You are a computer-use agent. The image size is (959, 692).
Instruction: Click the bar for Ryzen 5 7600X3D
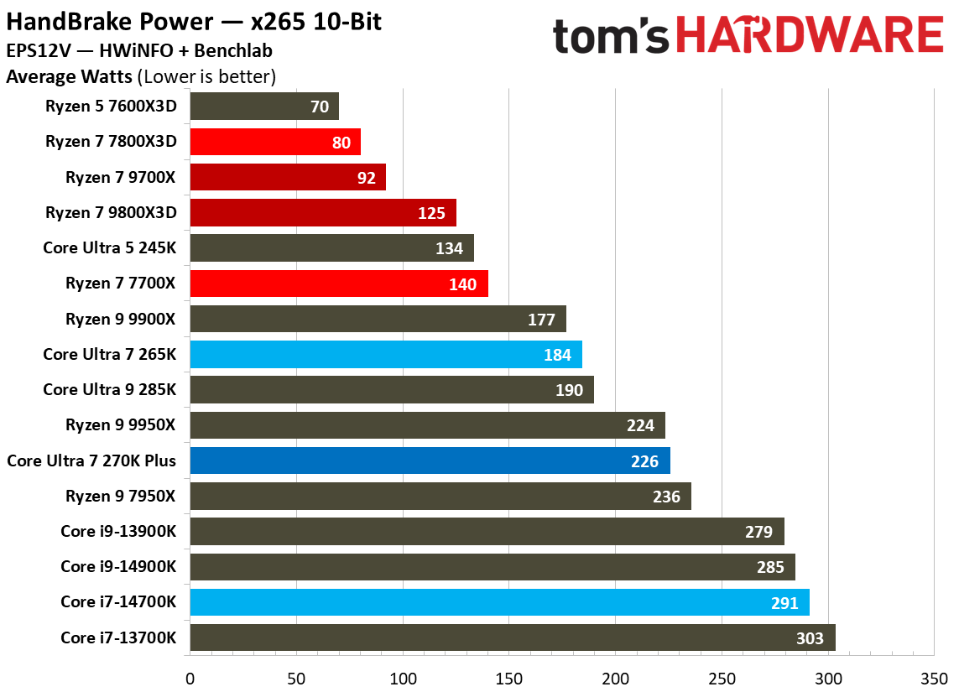point(264,107)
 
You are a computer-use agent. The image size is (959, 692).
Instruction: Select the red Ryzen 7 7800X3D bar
point(275,142)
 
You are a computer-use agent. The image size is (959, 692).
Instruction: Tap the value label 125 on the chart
point(431,213)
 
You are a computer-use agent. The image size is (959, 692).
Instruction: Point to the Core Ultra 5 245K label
point(110,248)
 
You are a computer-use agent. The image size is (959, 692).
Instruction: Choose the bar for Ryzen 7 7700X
point(339,284)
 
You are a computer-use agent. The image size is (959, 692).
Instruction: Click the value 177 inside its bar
point(542,320)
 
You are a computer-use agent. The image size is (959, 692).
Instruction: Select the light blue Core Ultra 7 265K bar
point(386,355)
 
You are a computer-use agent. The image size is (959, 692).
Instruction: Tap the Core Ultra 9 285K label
point(110,390)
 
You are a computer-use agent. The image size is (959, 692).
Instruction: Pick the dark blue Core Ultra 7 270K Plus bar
point(430,460)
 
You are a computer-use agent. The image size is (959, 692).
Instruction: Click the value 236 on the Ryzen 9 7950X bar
point(666,497)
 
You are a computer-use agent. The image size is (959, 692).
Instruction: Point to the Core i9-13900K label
point(118,532)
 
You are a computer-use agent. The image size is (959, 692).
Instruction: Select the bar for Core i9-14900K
point(493,567)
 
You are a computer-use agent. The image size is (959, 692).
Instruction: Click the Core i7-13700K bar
point(513,638)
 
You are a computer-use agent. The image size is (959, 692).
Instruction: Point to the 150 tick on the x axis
point(509,677)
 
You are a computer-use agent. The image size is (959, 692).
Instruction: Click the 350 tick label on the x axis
point(935,677)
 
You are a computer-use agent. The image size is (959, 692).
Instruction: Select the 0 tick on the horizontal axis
point(190,677)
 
